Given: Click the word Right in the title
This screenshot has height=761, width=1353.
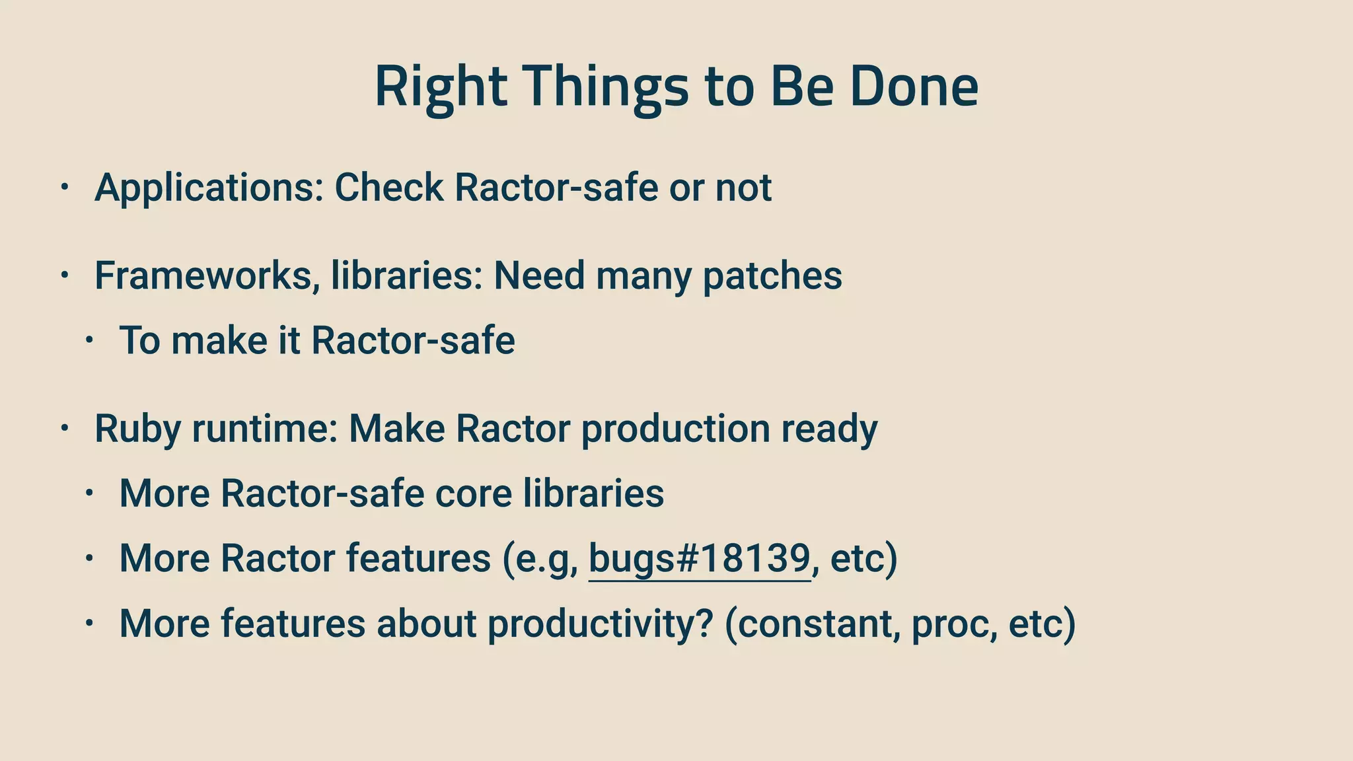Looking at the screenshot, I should coord(441,87).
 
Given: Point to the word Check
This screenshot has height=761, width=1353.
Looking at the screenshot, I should coord(389,188).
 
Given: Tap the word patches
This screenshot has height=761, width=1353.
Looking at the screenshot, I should coord(772,275).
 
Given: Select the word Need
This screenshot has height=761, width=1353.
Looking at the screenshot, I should coord(539,275).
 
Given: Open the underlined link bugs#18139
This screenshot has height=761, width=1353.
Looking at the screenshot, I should coord(699,558).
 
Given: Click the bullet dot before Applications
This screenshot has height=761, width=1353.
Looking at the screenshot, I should coord(64,188).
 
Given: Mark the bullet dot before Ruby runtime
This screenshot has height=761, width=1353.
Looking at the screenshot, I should coord(64,429).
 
